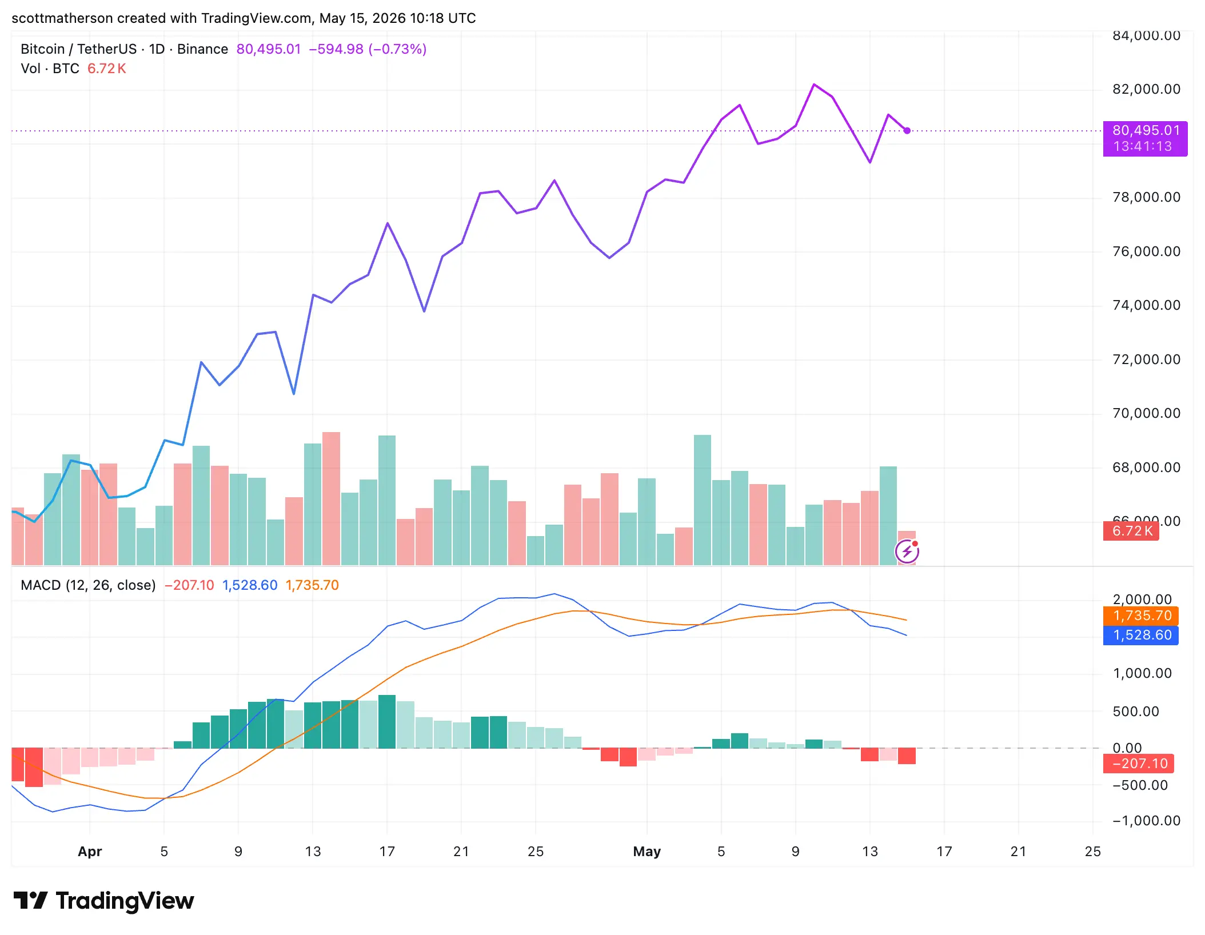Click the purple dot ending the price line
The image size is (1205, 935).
[x=907, y=131]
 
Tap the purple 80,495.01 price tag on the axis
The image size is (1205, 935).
[x=1145, y=138]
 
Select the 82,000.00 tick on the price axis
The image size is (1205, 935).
[x=1146, y=89]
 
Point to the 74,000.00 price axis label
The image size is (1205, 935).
[x=1146, y=305]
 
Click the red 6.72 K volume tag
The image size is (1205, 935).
[x=1131, y=531]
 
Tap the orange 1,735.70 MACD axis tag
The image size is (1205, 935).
[x=1141, y=616]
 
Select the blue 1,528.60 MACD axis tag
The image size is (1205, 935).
[x=1141, y=635]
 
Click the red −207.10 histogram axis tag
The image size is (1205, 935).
[x=1139, y=764]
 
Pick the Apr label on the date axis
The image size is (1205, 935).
[x=90, y=852]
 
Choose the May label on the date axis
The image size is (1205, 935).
[x=647, y=852]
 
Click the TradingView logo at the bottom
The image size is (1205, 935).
[x=104, y=901]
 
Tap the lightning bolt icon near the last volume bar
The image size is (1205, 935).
[x=907, y=552]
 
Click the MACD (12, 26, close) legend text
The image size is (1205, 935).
[x=88, y=585]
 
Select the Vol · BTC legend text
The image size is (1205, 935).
[x=50, y=69]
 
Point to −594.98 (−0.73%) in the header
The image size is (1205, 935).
[x=368, y=49]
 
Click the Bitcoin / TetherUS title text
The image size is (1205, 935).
[x=79, y=49]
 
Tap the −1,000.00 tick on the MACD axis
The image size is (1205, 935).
[x=1146, y=821]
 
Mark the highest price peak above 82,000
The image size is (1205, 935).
[x=814, y=85]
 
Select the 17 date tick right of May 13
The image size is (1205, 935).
[x=944, y=852]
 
